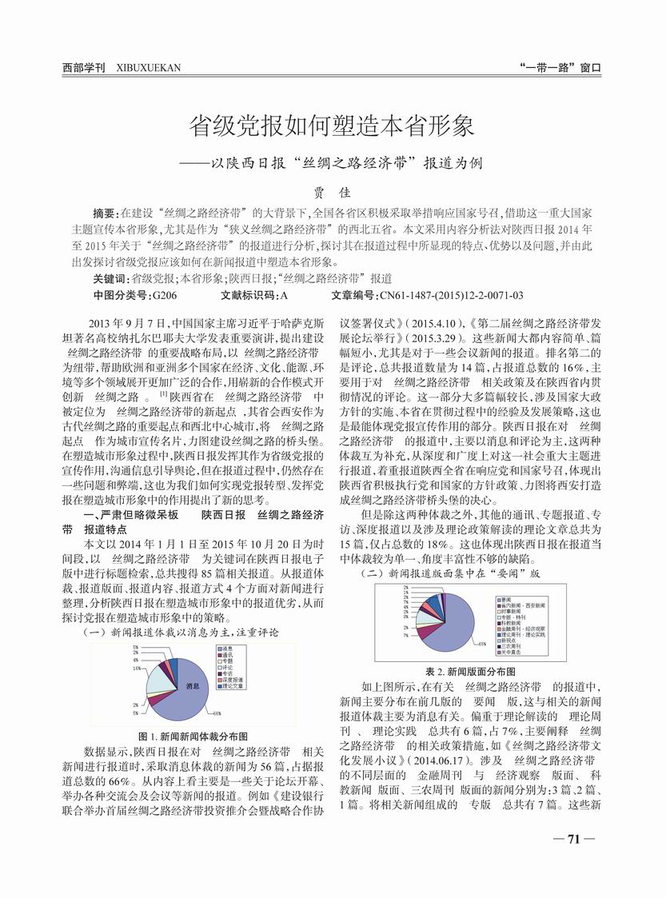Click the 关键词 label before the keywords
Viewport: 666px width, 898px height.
tap(111, 278)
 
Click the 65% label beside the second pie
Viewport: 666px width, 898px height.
tap(482, 642)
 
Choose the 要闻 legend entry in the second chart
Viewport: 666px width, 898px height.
tap(506, 597)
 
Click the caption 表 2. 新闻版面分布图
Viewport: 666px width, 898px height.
tap(469, 672)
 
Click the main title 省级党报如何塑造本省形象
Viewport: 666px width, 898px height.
tap(332, 126)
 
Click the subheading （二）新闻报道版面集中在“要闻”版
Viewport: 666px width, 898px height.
tap(452, 573)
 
